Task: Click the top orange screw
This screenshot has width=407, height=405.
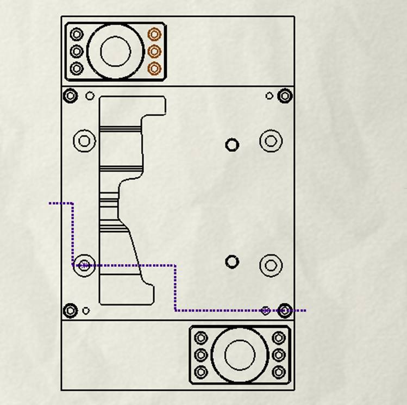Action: tap(155, 34)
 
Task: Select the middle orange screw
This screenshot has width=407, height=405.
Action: tap(155, 52)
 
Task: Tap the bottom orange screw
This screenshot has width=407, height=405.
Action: tap(155, 68)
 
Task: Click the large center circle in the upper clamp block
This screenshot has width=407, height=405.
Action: tap(116, 51)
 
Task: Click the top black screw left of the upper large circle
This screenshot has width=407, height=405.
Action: tap(77, 34)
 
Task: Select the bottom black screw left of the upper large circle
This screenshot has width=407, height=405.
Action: tap(77, 68)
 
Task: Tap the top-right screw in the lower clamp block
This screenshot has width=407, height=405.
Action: tap(279, 338)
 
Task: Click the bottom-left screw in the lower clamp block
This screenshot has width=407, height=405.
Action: tap(201, 372)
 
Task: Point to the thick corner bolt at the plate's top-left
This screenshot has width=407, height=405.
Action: tap(70, 96)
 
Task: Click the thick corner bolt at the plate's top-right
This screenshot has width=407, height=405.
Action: tap(285, 96)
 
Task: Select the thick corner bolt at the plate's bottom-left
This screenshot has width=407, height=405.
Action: tap(70, 311)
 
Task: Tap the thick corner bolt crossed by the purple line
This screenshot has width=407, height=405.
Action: tap(285, 311)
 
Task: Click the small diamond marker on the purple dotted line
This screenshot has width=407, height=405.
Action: tap(265, 311)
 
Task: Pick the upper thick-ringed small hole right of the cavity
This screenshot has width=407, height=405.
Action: tap(232, 145)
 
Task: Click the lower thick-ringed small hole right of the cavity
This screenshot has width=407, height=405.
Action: tap(232, 262)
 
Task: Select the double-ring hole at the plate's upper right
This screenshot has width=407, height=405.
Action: tap(271, 141)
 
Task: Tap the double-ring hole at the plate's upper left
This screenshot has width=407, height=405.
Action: tap(84, 141)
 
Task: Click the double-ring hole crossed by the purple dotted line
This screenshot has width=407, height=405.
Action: tap(84, 265)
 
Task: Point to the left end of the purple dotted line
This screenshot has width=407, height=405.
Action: tap(51, 203)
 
